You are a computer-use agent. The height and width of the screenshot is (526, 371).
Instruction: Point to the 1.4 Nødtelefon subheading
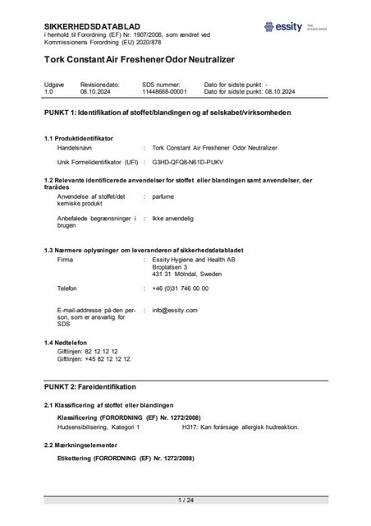[71, 341]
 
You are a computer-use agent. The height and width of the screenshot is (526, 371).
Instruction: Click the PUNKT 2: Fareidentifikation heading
[90, 385]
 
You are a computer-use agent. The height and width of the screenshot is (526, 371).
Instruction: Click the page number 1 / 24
[185, 500]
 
